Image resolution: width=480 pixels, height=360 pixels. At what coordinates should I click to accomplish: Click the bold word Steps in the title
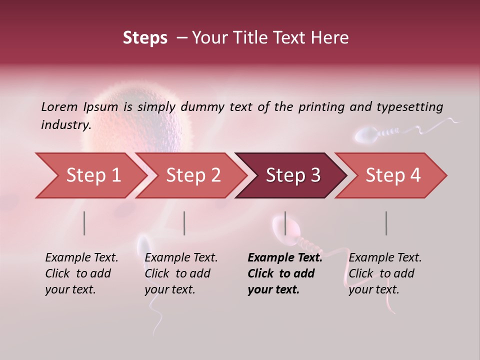click(145, 38)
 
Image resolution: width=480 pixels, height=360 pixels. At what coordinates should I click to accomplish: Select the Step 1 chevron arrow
click(90, 175)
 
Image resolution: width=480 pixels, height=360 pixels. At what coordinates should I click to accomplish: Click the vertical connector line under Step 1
click(84, 223)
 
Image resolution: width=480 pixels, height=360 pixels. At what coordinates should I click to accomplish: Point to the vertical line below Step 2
click(184, 223)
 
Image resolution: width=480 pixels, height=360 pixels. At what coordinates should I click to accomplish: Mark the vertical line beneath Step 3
click(285, 223)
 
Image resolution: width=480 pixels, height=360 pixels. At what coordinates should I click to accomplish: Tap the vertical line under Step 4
click(386, 223)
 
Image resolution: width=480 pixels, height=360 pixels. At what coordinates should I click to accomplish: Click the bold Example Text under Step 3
click(284, 273)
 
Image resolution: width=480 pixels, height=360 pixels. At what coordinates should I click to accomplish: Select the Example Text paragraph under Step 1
click(81, 273)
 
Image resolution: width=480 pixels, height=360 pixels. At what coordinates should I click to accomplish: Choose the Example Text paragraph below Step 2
click(181, 273)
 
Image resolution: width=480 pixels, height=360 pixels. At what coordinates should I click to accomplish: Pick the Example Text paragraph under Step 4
click(385, 273)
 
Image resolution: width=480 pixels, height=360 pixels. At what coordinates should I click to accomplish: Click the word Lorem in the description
click(59, 106)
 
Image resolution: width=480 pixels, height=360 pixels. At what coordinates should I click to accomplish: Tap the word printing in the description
click(326, 107)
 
